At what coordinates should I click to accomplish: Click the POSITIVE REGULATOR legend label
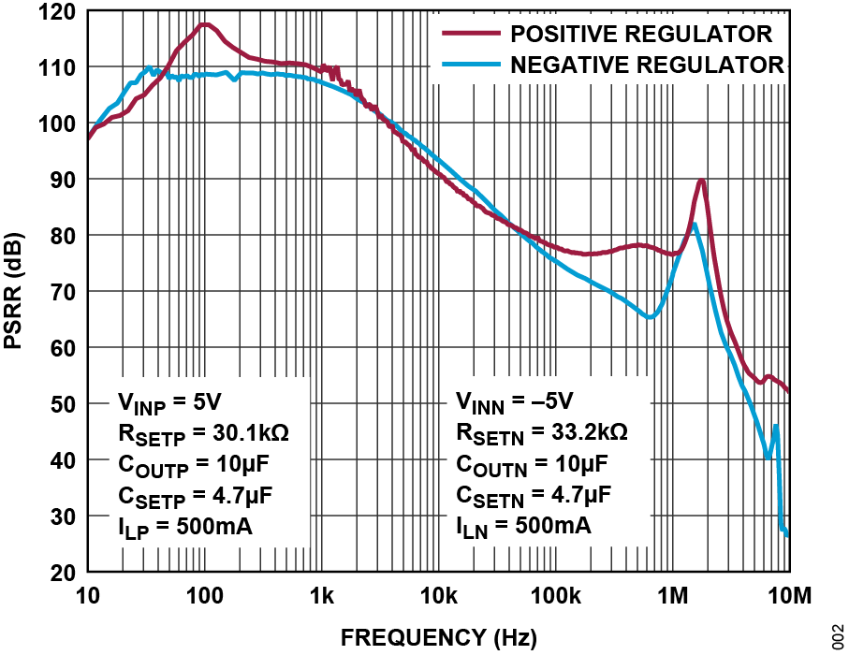pyautogui.click(x=640, y=35)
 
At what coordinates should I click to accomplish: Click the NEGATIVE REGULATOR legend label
pyautogui.click(x=646, y=65)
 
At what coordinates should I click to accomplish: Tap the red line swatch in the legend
pyautogui.click(x=469, y=35)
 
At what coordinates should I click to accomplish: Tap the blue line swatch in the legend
pyautogui.click(x=469, y=65)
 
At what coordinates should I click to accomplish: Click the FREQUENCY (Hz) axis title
pyautogui.click(x=438, y=638)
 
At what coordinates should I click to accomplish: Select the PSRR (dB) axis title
pyautogui.click(x=16, y=291)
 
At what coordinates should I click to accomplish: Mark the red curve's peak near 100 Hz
pyautogui.click(x=203, y=25)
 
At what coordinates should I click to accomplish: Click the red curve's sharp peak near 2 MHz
pyautogui.click(x=701, y=182)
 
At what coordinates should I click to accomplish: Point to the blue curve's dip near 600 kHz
pyautogui.click(x=649, y=317)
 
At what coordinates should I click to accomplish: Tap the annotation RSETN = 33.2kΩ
pyautogui.click(x=541, y=433)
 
